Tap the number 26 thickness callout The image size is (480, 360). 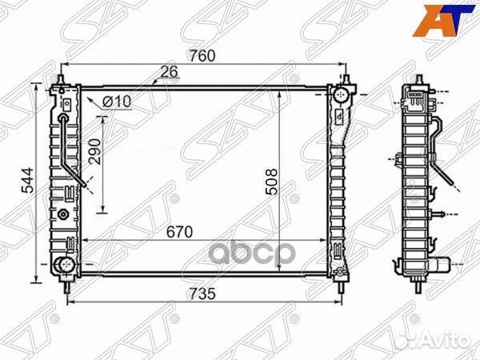169,72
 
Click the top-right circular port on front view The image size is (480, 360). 340,98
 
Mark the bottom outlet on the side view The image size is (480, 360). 442,265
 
